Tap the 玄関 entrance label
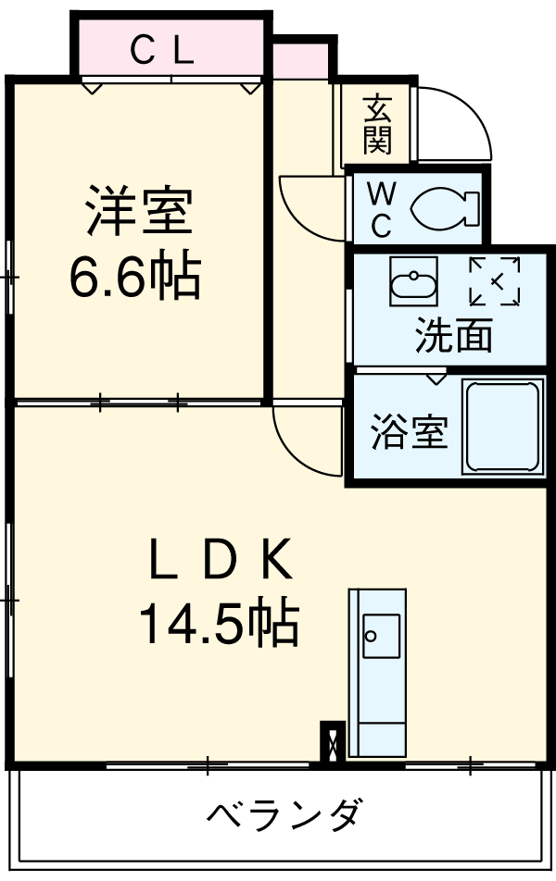[377, 124]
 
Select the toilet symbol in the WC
[443, 207]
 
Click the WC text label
[380, 209]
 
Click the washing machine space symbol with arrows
[495, 281]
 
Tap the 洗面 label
[453, 335]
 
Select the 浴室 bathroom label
[410, 431]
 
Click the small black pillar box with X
[332, 741]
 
